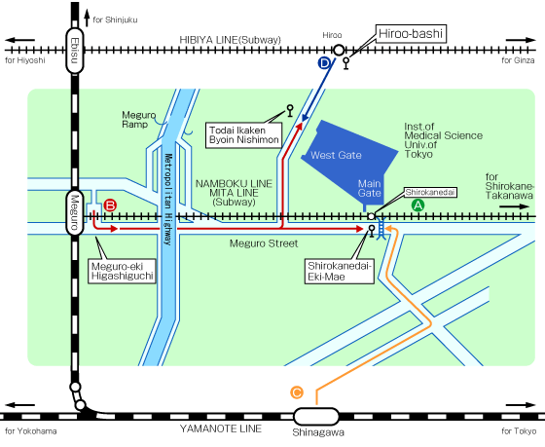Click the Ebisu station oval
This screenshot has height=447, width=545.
click(75, 51)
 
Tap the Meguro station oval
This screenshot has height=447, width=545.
click(75, 212)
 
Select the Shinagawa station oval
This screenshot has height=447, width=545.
click(316, 417)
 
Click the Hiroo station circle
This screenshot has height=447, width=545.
click(339, 51)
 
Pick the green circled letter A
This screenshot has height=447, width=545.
click(418, 205)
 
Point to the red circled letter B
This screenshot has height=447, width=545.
click(110, 205)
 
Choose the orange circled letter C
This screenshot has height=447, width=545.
click(297, 392)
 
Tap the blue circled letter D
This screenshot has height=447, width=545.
click(324, 63)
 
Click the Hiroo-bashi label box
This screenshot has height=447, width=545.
click(411, 34)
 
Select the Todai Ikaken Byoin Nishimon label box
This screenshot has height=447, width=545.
click(243, 135)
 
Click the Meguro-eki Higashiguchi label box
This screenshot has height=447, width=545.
click(122, 271)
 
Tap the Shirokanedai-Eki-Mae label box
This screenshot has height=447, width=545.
click(340, 272)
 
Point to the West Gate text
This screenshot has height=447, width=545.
click(336, 155)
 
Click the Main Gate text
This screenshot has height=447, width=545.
click(370, 188)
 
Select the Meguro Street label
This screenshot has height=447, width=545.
click(264, 243)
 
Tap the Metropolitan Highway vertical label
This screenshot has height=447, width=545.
click(168, 200)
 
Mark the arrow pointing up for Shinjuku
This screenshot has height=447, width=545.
click(87, 18)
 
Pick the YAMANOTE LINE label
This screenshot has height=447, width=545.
click(221, 428)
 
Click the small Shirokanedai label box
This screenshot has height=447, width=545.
click(430, 193)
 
